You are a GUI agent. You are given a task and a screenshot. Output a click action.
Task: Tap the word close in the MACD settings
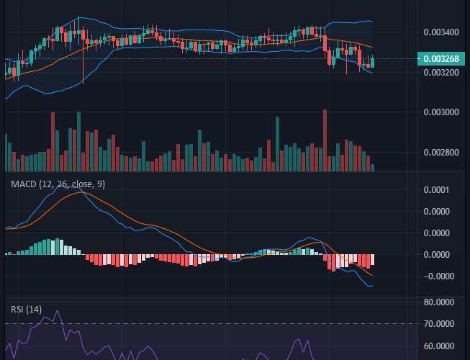pos(81,184)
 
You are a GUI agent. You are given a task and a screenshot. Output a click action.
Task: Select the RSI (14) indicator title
pos(26,310)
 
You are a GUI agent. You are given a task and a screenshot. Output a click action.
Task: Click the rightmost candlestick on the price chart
pos(372,63)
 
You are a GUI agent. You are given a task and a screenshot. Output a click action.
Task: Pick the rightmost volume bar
pos(372,167)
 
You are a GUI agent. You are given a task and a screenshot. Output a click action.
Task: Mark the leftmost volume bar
pos(6,153)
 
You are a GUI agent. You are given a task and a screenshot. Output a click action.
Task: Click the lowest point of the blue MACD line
pos(370,287)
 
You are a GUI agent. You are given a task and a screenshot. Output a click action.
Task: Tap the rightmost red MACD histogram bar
pos(372,260)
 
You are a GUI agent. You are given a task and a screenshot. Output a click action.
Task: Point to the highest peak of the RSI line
pos(56,312)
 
